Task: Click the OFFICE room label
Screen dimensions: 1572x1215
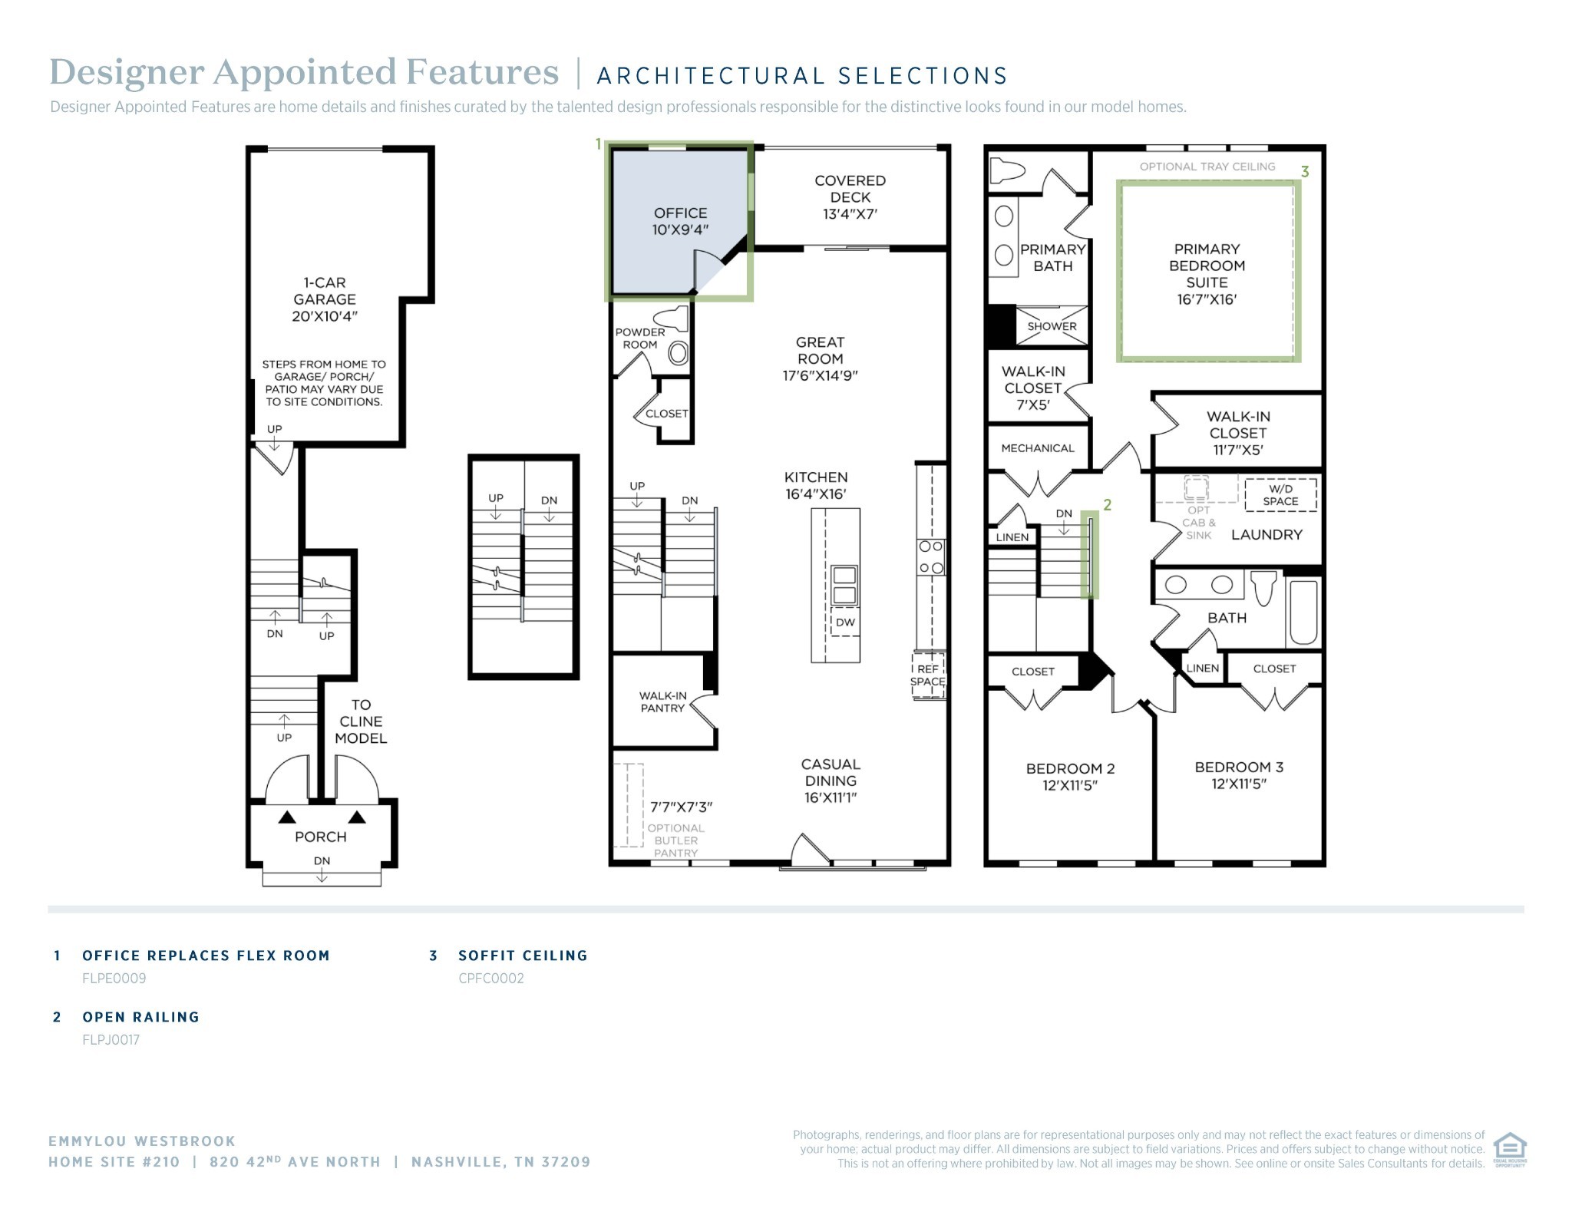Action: point(680,221)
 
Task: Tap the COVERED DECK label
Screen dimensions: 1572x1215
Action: point(850,197)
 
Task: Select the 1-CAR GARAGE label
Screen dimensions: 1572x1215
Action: point(325,299)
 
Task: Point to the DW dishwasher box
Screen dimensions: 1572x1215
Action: point(845,622)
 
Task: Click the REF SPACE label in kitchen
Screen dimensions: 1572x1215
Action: point(928,675)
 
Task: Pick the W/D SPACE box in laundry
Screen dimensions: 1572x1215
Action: point(1280,495)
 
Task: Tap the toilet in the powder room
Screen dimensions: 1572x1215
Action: point(671,318)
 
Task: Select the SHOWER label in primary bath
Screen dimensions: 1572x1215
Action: point(1052,326)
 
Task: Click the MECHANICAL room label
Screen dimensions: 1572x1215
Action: point(1038,448)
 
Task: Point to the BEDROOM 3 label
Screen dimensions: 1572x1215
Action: point(1239,775)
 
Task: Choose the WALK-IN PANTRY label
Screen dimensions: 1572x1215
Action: point(663,702)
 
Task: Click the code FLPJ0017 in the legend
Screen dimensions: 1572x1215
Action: point(111,1040)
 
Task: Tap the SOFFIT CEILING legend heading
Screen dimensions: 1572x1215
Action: point(523,956)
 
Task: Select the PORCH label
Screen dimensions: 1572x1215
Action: point(321,837)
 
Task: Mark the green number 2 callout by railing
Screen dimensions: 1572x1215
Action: point(1108,505)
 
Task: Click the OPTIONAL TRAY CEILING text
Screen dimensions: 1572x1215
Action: point(1207,167)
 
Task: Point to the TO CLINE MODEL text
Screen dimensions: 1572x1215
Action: point(361,721)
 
